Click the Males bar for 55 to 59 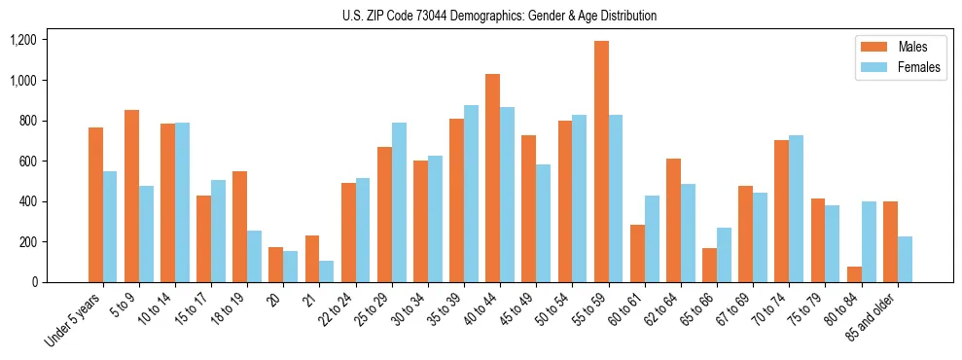601,162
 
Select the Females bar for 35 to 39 472,194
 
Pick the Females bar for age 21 327,271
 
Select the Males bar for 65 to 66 710,265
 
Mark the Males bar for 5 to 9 132,196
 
